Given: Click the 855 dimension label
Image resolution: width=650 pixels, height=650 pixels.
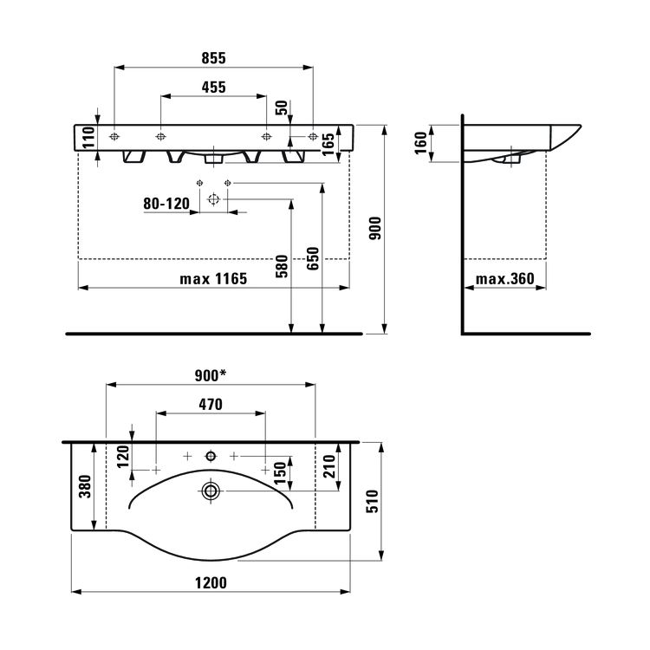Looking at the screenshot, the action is [x=213, y=58].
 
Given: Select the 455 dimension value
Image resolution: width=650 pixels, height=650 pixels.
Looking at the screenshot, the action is [x=213, y=87].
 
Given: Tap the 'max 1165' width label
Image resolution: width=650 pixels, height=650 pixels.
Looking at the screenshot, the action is [x=213, y=278].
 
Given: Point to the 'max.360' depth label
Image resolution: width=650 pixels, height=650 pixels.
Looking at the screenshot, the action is [x=505, y=278].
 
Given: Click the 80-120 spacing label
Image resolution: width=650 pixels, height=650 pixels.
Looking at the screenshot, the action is [x=166, y=204].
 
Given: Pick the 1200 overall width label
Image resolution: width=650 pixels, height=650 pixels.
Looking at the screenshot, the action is [x=211, y=583].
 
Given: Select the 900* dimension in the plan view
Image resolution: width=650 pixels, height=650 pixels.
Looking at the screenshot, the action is [x=211, y=375].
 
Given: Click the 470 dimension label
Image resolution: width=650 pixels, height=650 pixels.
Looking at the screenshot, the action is [x=211, y=404].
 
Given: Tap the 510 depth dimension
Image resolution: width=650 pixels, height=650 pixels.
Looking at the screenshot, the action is [x=373, y=501].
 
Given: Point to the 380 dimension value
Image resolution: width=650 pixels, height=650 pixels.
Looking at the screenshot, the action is [x=85, y=486].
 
